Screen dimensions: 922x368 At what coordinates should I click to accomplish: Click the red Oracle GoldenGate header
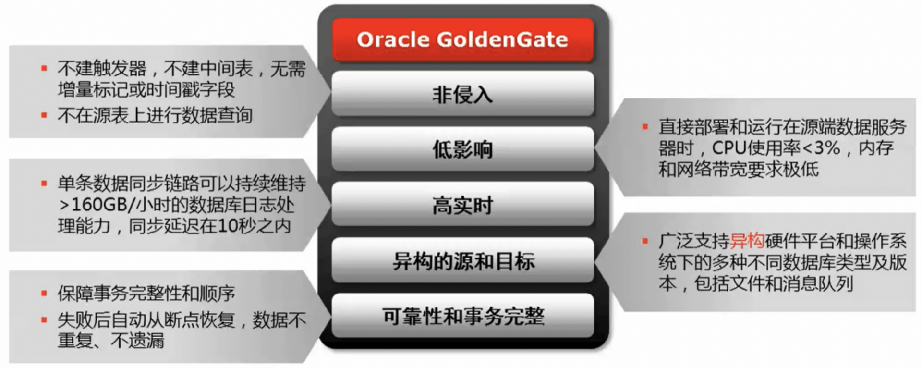point(463,40)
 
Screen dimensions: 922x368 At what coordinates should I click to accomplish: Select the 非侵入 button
point(463,94)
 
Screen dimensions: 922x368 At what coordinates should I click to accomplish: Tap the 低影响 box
point(463,149)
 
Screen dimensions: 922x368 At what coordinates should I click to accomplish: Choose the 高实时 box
point(463,205)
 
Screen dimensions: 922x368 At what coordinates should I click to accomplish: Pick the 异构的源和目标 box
point(463,260)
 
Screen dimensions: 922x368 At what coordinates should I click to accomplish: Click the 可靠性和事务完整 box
point(463,316)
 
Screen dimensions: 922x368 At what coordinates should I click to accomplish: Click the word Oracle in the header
point(393,39)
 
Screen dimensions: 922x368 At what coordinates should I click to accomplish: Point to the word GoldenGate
point(502,39)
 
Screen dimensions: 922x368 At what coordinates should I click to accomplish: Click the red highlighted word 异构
point(747,241)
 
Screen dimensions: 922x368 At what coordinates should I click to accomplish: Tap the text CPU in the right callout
point(728,148)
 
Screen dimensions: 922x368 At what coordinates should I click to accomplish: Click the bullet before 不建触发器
point(44,69)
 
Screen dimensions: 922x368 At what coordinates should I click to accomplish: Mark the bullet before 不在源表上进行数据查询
point(44,115)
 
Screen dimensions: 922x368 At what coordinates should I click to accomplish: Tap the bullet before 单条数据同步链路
point(44,184)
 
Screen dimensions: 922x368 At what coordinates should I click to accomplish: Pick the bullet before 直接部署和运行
point(645,127)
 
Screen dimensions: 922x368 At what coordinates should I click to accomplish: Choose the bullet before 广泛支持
point(645,241)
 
